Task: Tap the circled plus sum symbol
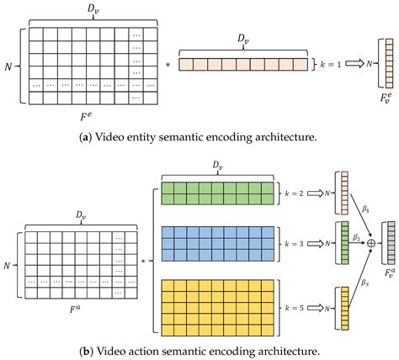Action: coord(370,241)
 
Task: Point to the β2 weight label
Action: coord(356,236)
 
